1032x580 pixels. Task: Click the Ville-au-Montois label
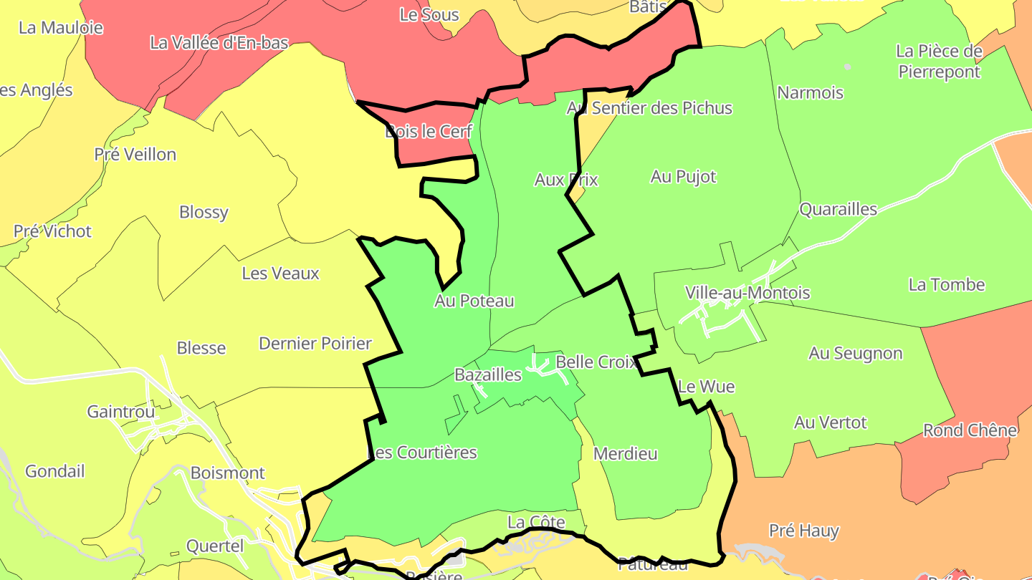point(747,293)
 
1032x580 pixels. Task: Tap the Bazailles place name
point(488,374)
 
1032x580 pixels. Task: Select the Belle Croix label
point(596,362)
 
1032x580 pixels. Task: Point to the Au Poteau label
point(474,301)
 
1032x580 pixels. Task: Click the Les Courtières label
point(422,453)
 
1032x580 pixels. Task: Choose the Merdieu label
point(625,453)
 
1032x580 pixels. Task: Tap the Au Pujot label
point(683,176)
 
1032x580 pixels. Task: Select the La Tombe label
point(946,284)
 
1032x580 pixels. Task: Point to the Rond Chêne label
point(970,430)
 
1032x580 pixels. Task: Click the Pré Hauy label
point(803,531)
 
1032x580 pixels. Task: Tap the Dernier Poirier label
point(315,343)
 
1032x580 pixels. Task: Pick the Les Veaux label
point(280,273)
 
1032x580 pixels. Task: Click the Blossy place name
point(204,212)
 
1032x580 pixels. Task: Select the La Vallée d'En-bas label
point(219,42)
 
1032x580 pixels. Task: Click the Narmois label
point(810,92)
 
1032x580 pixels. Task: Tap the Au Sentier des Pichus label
point(649,108)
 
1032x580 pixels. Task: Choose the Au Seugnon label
point(855,353)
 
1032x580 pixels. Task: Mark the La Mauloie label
point(61,28)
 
